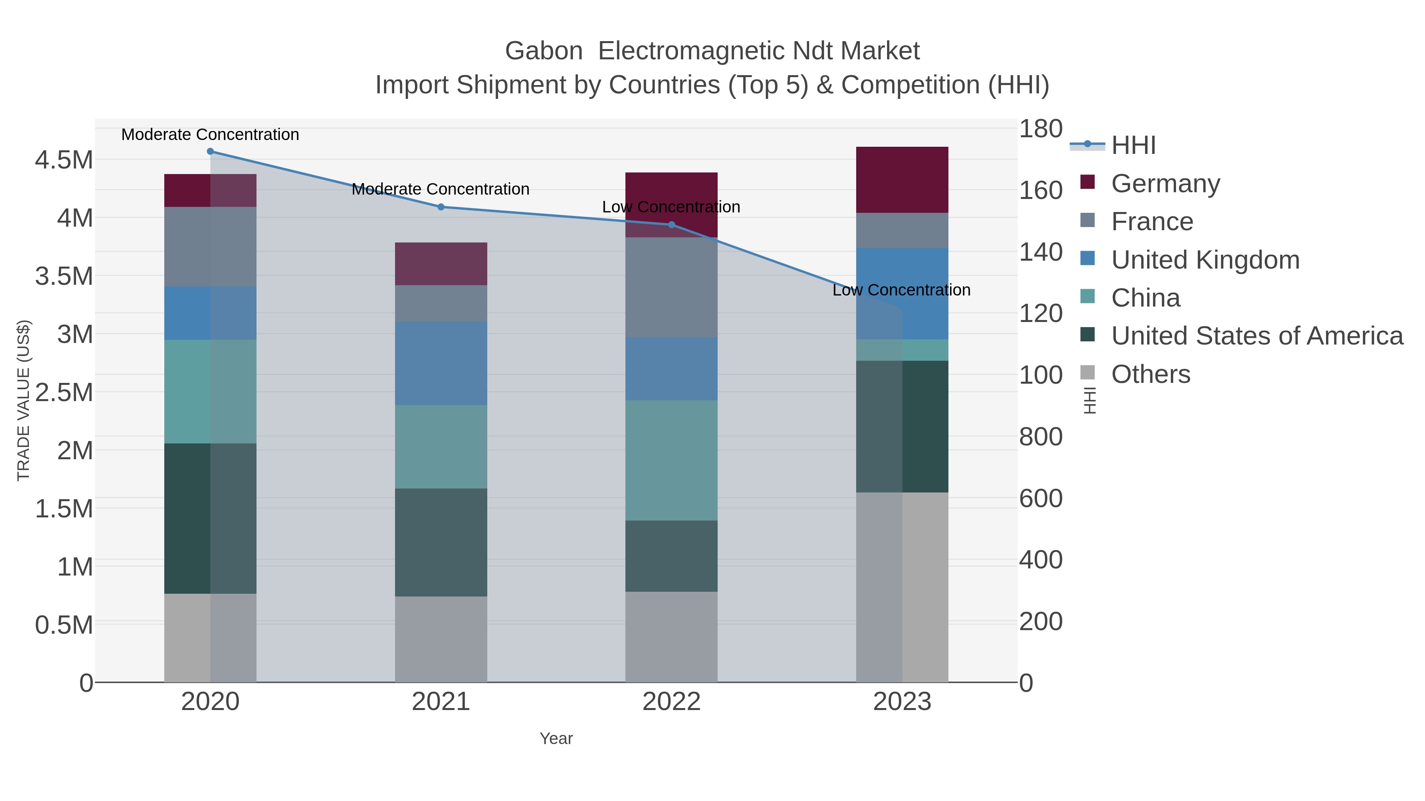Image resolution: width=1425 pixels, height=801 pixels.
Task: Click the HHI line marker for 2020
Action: point(210,151)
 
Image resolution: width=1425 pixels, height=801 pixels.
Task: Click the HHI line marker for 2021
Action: point(441,207)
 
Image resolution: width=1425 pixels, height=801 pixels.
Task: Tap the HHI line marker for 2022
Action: point(672,224)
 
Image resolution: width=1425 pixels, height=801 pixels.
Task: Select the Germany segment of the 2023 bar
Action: point(902,180)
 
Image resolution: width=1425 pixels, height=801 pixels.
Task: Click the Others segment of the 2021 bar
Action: point(441,639)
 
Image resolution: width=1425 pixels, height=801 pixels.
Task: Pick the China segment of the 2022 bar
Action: point(672,460)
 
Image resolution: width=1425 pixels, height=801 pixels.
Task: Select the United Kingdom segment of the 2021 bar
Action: point(441,363)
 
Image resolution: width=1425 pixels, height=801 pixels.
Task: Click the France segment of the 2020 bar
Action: point(210,246)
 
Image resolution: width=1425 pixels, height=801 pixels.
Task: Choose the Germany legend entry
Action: point(1165,184)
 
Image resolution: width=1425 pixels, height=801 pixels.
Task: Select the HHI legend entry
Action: point(1133,146)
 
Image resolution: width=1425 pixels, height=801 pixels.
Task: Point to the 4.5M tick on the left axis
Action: point(64,160)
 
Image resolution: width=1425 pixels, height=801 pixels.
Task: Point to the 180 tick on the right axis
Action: point(1041,129)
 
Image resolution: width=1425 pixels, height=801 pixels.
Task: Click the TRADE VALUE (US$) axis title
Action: point(23,400)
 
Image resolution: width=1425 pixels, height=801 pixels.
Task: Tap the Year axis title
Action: point(556,739)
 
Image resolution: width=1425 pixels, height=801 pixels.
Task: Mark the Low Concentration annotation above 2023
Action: point(901,290)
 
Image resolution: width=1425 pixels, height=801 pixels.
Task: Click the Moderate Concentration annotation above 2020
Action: point(210,135)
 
